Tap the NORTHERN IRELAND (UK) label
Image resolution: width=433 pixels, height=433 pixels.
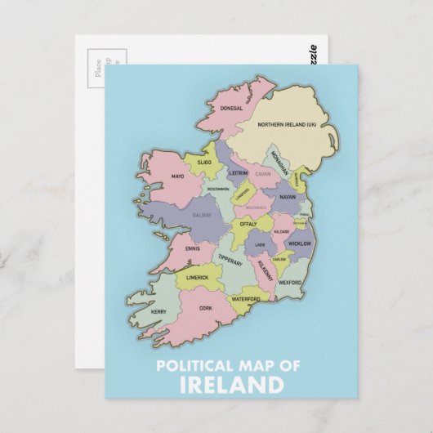[x=286, y=125]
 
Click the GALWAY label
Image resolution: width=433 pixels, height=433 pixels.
[x=201, y=215]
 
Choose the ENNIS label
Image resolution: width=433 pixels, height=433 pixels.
[x=192, y=248]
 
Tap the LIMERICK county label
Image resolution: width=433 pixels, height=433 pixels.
[x=199, y=278]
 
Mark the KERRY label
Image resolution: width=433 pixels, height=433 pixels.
[x=159, y=311]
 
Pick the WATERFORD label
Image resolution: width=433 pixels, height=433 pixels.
[x=244, y=299]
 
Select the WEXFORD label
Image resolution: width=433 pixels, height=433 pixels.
[x=289, y=283]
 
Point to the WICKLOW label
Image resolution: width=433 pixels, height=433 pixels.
[x=300, y=243]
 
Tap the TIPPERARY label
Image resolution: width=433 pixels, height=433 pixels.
[x=230, y=261]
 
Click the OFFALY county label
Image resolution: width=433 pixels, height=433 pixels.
[x=248, y=223]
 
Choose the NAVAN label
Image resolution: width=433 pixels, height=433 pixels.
[x=287, y=197]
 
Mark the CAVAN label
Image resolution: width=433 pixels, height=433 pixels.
[x=262, y=174]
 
